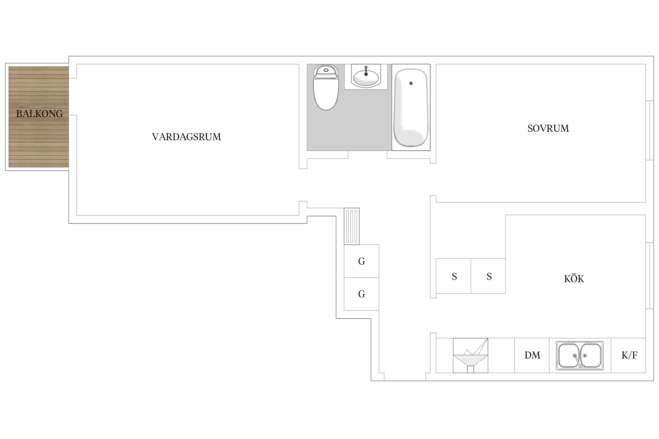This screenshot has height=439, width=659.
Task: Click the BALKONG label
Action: click(40, 114)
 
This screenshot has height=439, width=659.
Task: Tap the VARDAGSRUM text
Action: click(187, 137)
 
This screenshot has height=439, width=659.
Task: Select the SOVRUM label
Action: click(548, 128)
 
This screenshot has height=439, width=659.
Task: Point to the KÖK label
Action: click(574, 278)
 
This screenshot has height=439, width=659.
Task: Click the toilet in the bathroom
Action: click(326, 87)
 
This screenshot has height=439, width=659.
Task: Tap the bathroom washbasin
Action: click(366, 77)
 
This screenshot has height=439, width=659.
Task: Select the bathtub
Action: click(411, 107)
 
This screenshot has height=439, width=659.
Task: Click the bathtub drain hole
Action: click(411, 83)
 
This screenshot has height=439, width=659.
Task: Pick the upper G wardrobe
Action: click(361, 261)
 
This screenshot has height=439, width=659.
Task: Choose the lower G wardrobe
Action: click(361, 294)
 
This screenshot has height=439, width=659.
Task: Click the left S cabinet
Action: click(453, 276)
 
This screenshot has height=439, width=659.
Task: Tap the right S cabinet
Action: click(488, 276)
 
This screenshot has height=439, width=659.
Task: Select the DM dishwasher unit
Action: click(532, 355)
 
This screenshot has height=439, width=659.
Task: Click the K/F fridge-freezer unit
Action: click(629, 355)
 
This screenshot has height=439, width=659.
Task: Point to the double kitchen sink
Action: click(580, 356)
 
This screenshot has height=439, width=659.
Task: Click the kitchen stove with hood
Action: click(470, 356)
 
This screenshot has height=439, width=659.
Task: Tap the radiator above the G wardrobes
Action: click(352, 226)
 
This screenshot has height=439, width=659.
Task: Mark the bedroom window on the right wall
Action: click(650, 131)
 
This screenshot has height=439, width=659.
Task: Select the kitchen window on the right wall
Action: click(650, 276)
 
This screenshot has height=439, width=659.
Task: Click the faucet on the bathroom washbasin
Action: click(366, 71)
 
